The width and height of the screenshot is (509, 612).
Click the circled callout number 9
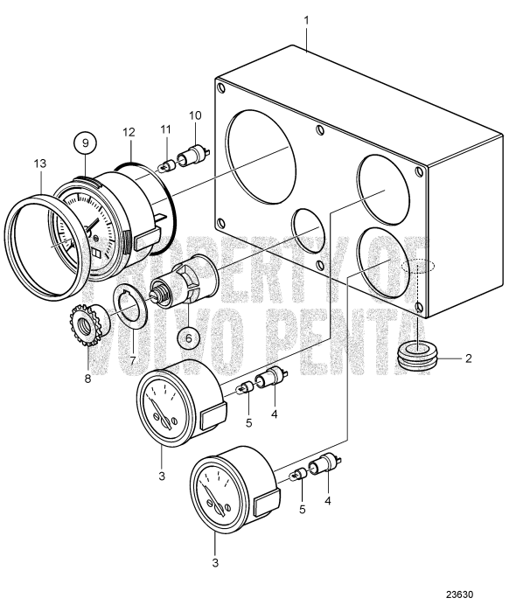point(85,143)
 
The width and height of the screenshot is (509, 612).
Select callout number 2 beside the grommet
point(469,358)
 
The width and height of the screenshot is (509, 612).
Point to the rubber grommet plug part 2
point(417,355)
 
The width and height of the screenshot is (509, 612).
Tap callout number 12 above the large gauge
point(129,132)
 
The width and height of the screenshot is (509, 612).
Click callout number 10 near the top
point(194,115)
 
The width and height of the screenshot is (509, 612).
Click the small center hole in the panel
point(312,236)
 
